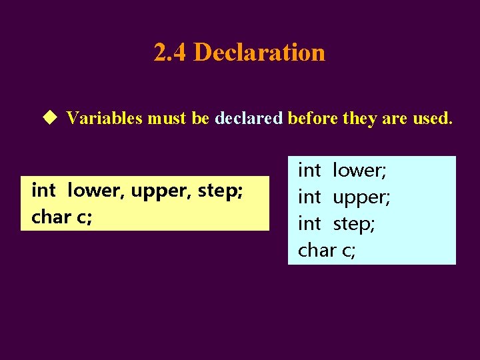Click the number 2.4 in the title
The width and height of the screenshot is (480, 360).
point(170,52)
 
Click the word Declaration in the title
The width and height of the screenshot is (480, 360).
point(259,52)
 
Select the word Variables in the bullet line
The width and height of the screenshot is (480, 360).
point(104,119)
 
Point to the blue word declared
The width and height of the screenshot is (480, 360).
point(249,119)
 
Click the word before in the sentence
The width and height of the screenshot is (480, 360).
point(312,119)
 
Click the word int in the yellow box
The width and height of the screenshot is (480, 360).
point(43,191)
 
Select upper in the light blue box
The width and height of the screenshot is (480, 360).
point(361,198)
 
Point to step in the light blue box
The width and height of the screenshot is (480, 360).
point(354,225)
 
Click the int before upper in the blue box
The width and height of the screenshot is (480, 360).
point(309,197)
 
